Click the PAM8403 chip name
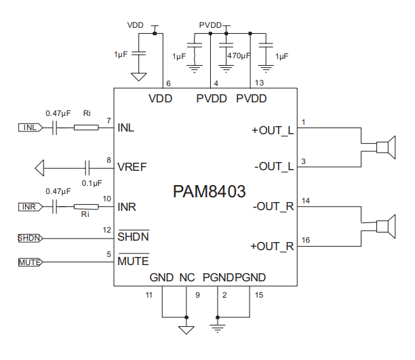coord(209,191)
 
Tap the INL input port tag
coord(31,127)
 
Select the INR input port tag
coord(31,207)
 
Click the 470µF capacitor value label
coord(239,56)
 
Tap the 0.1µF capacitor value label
coord(92,183)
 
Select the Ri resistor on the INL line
coord(86,128)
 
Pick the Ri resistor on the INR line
coord(86,207)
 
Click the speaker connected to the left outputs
coord(386,147)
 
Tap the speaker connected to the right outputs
coord(386,226)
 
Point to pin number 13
coord(259,83)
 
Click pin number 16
coord(306,240)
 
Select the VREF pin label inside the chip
coord(132,167)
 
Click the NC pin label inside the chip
coord(187,278)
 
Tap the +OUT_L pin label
coord(273,130)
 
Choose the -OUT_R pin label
coord(273,207)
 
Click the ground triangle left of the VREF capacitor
coord(40,168)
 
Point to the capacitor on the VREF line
coord(87,168)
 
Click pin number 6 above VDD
coord(168,83)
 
